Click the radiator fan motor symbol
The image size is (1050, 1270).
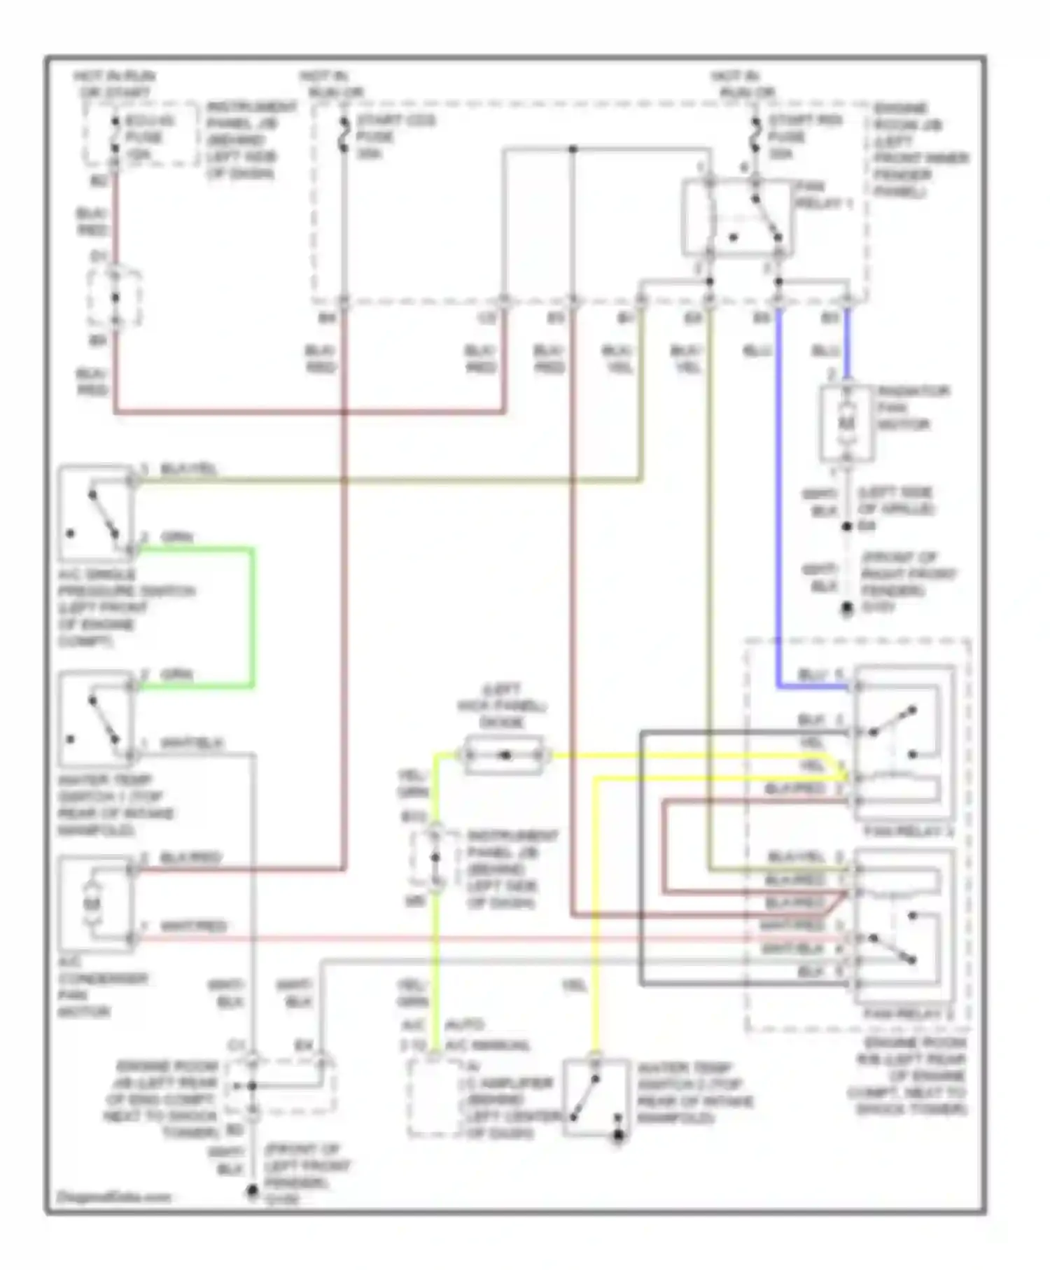pos(847,424)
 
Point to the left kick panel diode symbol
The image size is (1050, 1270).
pos(504,755)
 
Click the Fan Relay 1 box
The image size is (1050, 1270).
pos(738,218)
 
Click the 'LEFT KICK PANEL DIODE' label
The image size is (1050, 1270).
pos(502,705)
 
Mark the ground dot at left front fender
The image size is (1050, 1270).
pos(253,1191)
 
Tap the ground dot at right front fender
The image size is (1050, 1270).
pos(847,608)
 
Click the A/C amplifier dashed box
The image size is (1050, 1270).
pos(435,1096)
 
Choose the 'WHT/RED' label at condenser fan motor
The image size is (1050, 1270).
pos(193,926)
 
